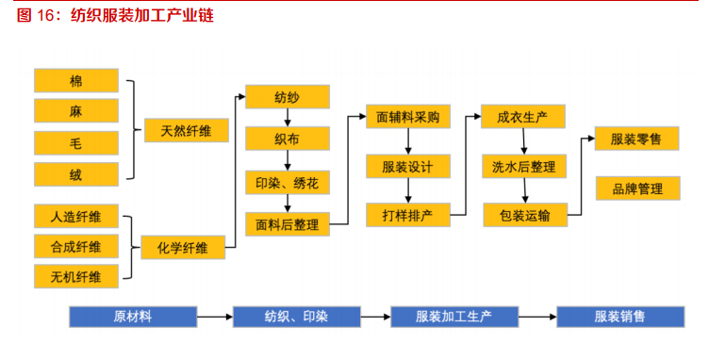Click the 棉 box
(x=76, y=81)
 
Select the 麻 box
(x=76, y=112)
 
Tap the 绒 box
(x=76, y=174)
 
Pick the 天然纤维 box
(x=186, y=130)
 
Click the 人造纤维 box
(x=76, y=217)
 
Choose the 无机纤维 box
(x=76, y=276)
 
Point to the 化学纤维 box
(x=183, y=247)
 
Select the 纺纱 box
(x=287, y=96)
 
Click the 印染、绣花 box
(x=287, y=181)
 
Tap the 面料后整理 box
(x=287, y=224)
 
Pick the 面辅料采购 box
(x=407, y=117)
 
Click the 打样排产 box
(x=407, y=214)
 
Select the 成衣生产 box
(x=522, y=117)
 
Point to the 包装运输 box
(x=524, y=214)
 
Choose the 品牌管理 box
(x=636, y=188)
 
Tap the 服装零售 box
(x=636, y=139)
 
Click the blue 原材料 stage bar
(x=132, y=317)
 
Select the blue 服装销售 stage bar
(x=619, y=317)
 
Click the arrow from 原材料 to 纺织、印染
(x=214, y=317)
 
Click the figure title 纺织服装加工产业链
(x=140, y=15)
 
